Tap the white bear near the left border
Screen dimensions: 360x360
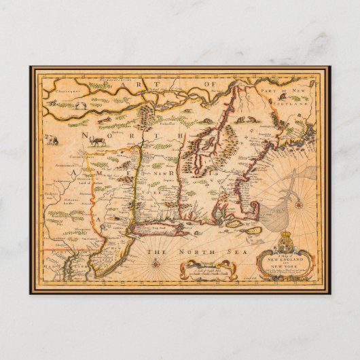(x=52, y=139)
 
